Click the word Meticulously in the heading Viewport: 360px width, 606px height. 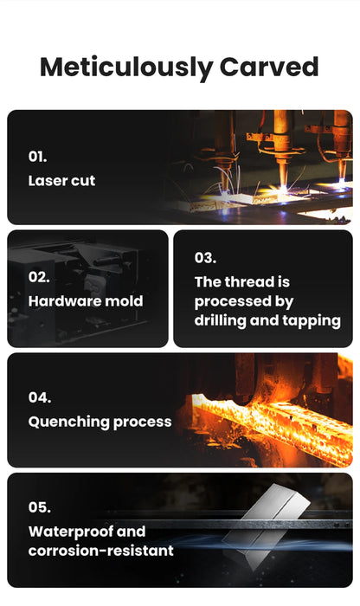tap(126, 68)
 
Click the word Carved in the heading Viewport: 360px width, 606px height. tap(269, 67)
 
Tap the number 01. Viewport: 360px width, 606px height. tap(37, 157)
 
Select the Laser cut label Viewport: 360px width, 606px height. tap(61, 180)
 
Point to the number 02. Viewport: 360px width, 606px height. tap(39, 277)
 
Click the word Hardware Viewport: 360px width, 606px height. tap(65, 301)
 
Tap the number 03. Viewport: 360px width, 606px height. tap(205, 258)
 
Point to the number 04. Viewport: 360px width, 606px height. tap(40, 397)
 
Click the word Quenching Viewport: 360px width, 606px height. tap(68, 422)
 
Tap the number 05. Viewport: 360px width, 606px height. tap(39, 507)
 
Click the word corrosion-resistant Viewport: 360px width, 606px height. tap(100, 551)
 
